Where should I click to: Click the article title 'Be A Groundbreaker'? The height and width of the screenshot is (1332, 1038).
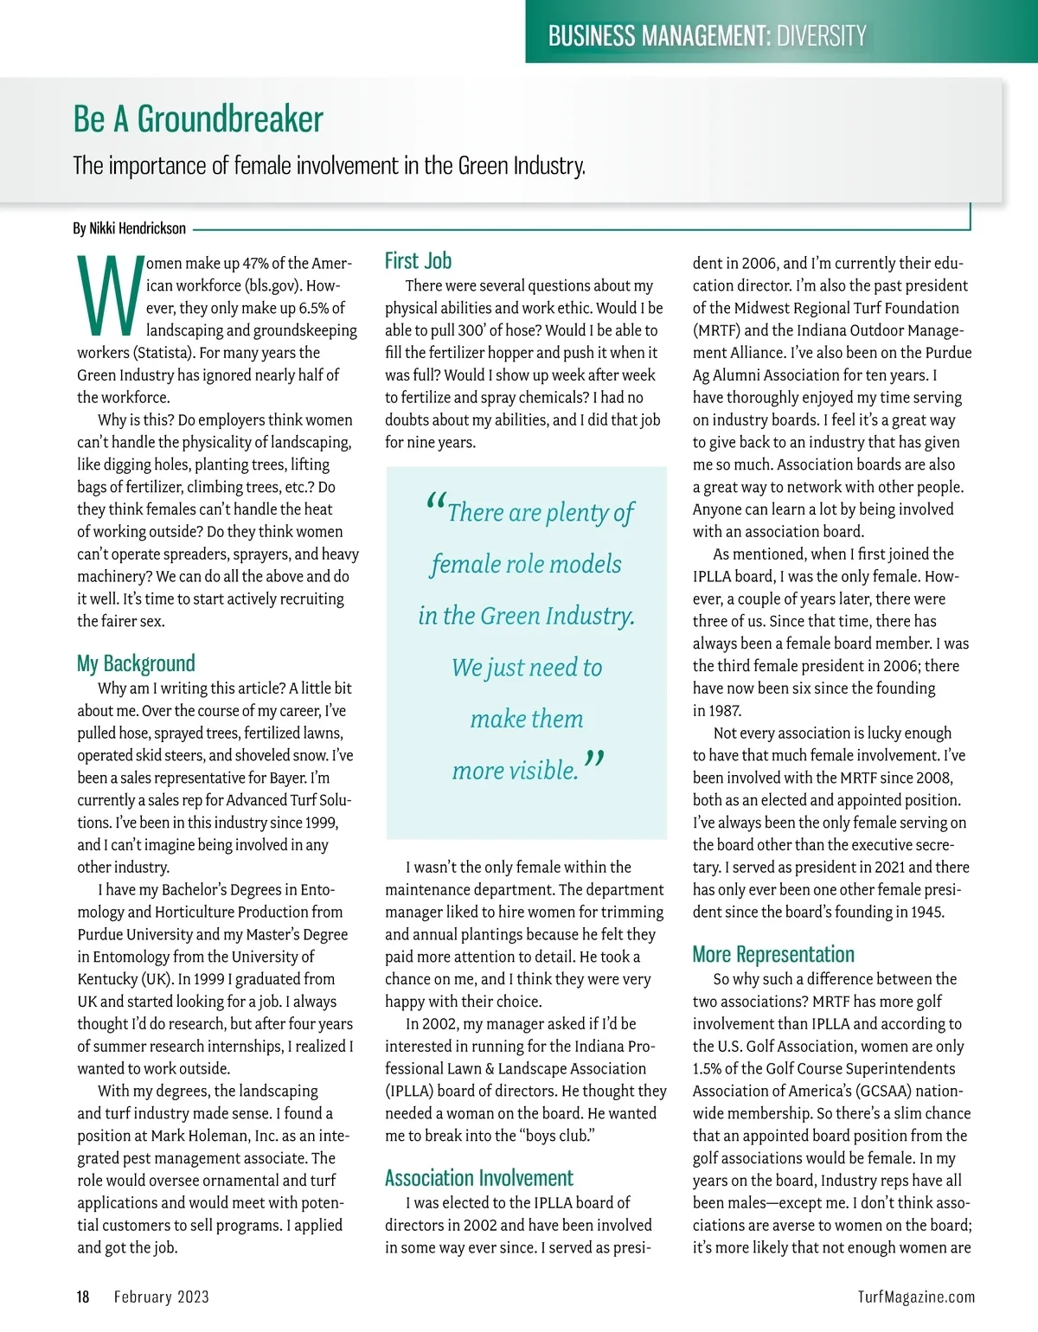198,119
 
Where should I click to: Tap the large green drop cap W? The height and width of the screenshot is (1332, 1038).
108,296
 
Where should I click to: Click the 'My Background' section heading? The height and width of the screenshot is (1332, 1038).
136,663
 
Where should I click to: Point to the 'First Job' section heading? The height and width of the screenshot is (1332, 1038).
418,260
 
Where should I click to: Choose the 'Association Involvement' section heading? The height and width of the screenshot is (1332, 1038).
478,1178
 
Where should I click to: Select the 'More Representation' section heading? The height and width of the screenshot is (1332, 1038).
773,954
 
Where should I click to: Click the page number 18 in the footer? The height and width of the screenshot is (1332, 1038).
83,1297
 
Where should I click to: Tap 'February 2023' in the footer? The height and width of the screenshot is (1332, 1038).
162,1297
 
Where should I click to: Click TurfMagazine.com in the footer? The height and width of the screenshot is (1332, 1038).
916,1297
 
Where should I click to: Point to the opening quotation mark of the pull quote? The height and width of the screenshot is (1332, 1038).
436,503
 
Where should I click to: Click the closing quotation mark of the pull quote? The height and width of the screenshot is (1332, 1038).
594,760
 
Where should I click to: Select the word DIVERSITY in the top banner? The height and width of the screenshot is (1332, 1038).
821,35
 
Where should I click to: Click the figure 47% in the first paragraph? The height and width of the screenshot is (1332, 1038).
256,264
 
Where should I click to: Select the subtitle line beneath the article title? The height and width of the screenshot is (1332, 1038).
329,165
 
